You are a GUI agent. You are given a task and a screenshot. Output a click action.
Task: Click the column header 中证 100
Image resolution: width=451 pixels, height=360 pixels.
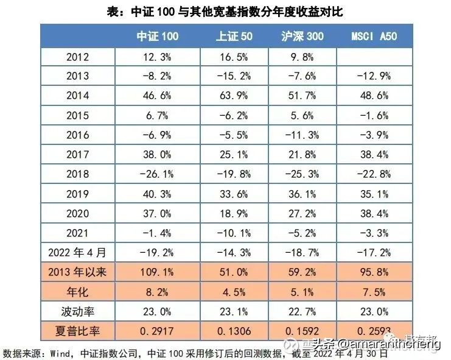pos(158,36)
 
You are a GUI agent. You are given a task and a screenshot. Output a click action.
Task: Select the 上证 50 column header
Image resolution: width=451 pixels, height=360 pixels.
pos(234,36)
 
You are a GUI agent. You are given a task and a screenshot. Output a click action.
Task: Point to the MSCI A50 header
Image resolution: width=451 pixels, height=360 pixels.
pos(374,36)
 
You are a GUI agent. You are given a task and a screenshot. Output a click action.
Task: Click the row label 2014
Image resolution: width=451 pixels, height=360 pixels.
pos(77,96)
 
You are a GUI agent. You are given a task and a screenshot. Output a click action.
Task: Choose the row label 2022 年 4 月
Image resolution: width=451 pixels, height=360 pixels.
pos(77,253)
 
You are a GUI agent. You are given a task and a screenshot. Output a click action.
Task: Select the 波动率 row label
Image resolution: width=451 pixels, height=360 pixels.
pos(77,312)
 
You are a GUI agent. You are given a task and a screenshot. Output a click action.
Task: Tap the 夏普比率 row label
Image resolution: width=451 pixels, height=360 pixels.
pos(77,332)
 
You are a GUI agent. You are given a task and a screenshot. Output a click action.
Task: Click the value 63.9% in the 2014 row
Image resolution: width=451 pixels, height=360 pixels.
pos(234,96)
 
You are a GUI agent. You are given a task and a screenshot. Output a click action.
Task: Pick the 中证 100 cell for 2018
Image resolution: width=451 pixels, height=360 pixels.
pos(158,174)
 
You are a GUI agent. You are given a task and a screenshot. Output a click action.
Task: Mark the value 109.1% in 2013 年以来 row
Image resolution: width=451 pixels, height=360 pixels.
pos(158,273)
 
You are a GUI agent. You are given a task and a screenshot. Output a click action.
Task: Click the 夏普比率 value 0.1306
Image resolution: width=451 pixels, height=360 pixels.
pos(234,332)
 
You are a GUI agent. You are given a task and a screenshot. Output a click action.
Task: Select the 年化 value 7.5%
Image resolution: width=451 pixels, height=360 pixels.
pos(374,292)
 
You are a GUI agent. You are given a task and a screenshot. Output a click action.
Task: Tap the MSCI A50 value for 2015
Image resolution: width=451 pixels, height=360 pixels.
pos(374,115)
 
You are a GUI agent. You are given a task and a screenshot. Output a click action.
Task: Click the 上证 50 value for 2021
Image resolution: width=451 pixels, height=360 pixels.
pos(234,233)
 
